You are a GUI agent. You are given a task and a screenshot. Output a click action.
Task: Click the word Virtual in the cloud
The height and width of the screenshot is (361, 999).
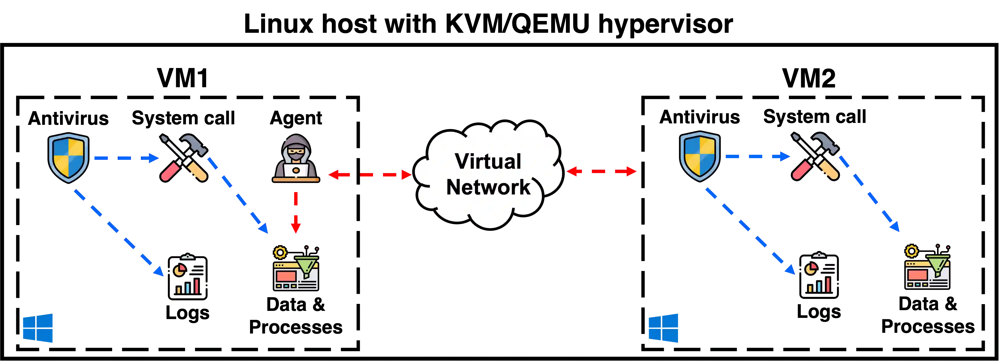[488, 161]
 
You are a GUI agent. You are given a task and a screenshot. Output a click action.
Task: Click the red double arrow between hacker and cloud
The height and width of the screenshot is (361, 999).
[370, 175]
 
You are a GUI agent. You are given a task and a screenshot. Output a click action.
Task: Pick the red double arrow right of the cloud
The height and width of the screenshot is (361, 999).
[601, 171]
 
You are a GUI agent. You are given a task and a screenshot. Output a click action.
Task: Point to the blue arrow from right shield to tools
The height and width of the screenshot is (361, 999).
[757, 157]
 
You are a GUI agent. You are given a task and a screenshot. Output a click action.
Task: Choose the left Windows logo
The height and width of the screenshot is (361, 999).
[38, 328]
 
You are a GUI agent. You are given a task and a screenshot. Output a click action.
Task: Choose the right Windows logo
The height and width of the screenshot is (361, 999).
[664, 328]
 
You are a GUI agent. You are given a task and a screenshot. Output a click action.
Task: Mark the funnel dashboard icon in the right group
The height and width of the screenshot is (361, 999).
[927, 267]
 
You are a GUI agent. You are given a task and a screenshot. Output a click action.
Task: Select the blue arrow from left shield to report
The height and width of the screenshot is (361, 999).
[118, 233]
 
